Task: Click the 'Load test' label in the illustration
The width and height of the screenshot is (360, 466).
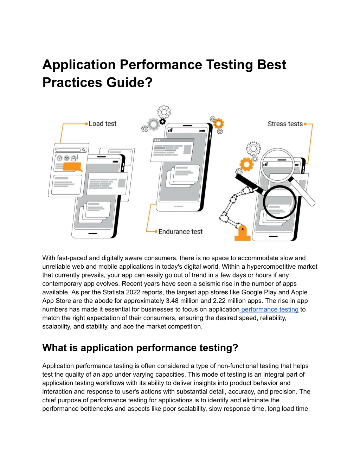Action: (x=102, y=124)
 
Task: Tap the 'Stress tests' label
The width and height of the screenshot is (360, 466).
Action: (x=285, y=124)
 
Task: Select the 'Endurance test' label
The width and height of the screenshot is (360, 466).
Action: (x=180, y=232)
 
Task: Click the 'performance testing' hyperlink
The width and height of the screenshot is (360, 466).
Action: (x=270, y=309)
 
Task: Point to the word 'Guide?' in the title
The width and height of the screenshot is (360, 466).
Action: (x=129, y=82)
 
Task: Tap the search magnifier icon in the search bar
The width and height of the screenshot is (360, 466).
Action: (x=84, y=150)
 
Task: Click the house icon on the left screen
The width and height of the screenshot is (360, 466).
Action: (x=59, y=158)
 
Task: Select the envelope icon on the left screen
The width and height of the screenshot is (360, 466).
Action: (x=67, y=158)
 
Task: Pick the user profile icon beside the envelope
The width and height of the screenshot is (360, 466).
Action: (x=74, y=159)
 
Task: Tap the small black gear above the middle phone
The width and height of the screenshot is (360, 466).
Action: (x=163, y=122)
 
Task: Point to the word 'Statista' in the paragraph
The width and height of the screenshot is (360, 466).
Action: (x=113, y=292)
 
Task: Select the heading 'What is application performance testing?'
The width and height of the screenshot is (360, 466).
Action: (x=140, y=347)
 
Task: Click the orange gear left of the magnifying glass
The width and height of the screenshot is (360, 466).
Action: (x=246, y=165)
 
